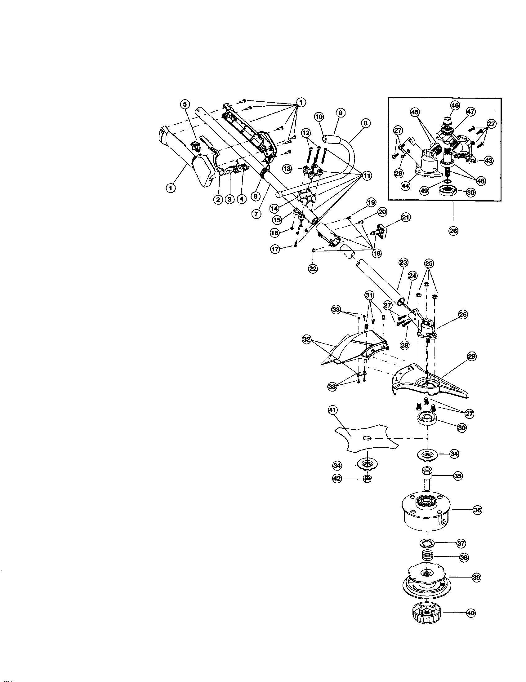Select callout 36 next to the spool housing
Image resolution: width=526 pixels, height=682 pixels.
click(477, 510)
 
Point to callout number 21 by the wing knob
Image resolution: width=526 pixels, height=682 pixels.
click(406, 217)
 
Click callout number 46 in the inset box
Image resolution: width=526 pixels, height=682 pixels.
click(455, 105)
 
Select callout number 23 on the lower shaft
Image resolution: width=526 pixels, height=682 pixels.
click(403, 263)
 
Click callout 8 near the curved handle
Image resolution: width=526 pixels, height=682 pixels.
click(365, 123)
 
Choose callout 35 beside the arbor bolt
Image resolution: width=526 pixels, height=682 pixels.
click(458, 476)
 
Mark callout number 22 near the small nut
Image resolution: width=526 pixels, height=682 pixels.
click(313, 268)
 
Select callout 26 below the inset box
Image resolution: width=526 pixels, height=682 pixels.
click(453, 231)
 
